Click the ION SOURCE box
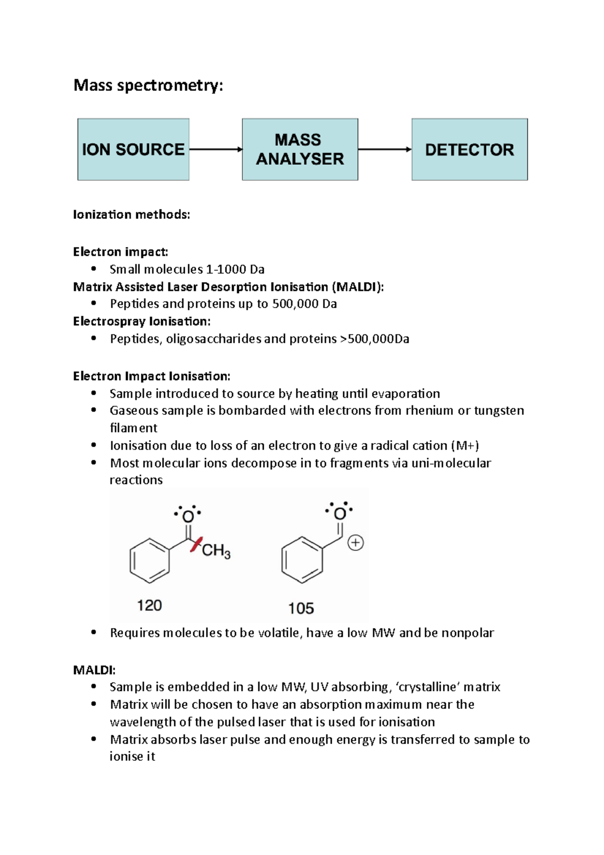[x=133, y=150]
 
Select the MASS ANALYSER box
[x=300, y=150]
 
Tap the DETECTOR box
[x=470, y=150]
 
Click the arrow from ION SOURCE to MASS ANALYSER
[x=215, y=150]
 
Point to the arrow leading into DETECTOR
[x=385, y=150]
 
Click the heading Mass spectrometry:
[x=148, y=85]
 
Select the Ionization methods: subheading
[x=131, y=215]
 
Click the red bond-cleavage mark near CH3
[x=196, y=545]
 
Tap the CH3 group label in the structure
[x=216, y=551]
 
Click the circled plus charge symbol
[x=356, y=543]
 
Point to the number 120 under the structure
[x=149, y=605]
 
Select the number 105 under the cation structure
[x=301, y=608]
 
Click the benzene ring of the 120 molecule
[x=149, y=560]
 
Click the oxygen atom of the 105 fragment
[x=340, y=514]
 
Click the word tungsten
[x=499, y=410]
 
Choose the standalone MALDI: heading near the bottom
[x=94, y=670]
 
